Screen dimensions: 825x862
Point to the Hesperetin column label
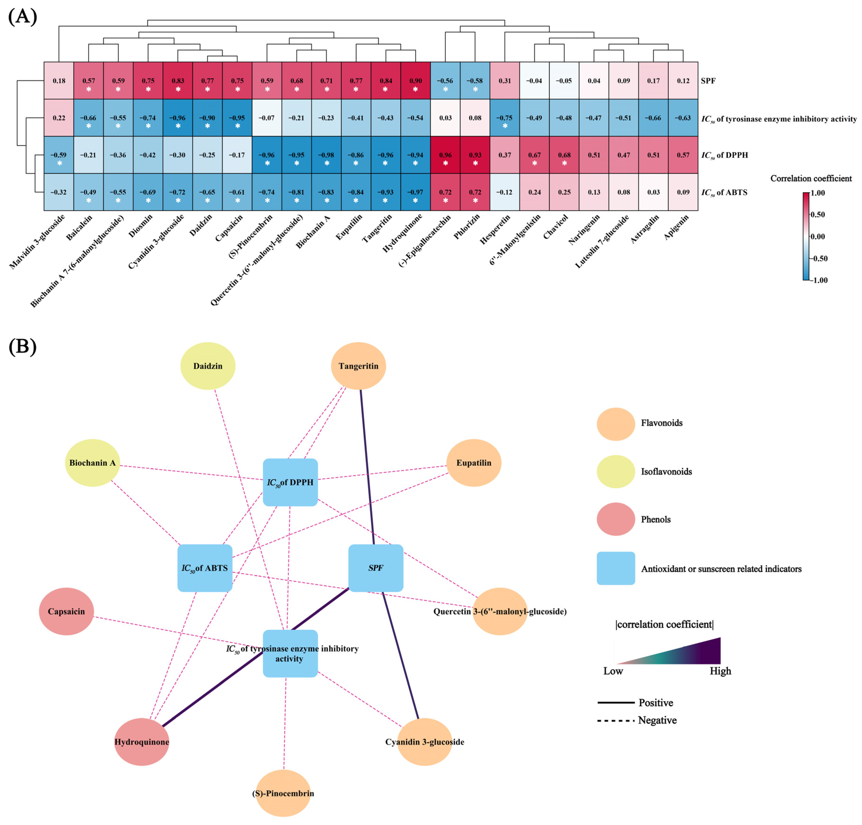(x=495, y=229)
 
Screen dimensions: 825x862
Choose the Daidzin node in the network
(x=208, y=366)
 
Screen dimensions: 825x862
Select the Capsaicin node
(x=66, y=611)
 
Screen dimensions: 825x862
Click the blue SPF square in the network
(x=376, y=568)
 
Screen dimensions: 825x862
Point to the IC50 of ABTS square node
(x=205, y=568)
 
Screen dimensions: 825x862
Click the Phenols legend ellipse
(x=616, y=519)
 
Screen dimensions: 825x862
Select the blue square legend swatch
(x=616, y=568)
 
